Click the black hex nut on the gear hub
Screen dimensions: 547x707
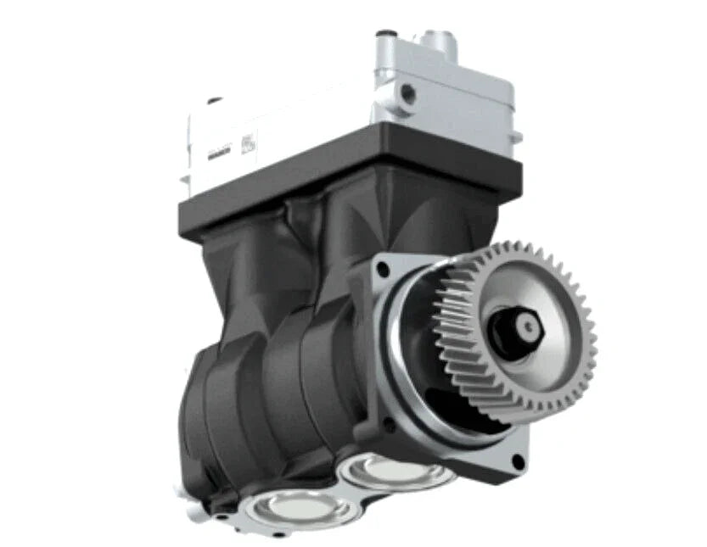(x=528, y=326)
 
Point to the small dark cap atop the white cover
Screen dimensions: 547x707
(x=215, y=101)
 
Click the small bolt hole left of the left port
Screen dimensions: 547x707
(x=222, y=516)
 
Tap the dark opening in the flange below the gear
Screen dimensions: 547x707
(x=446, y=407)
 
